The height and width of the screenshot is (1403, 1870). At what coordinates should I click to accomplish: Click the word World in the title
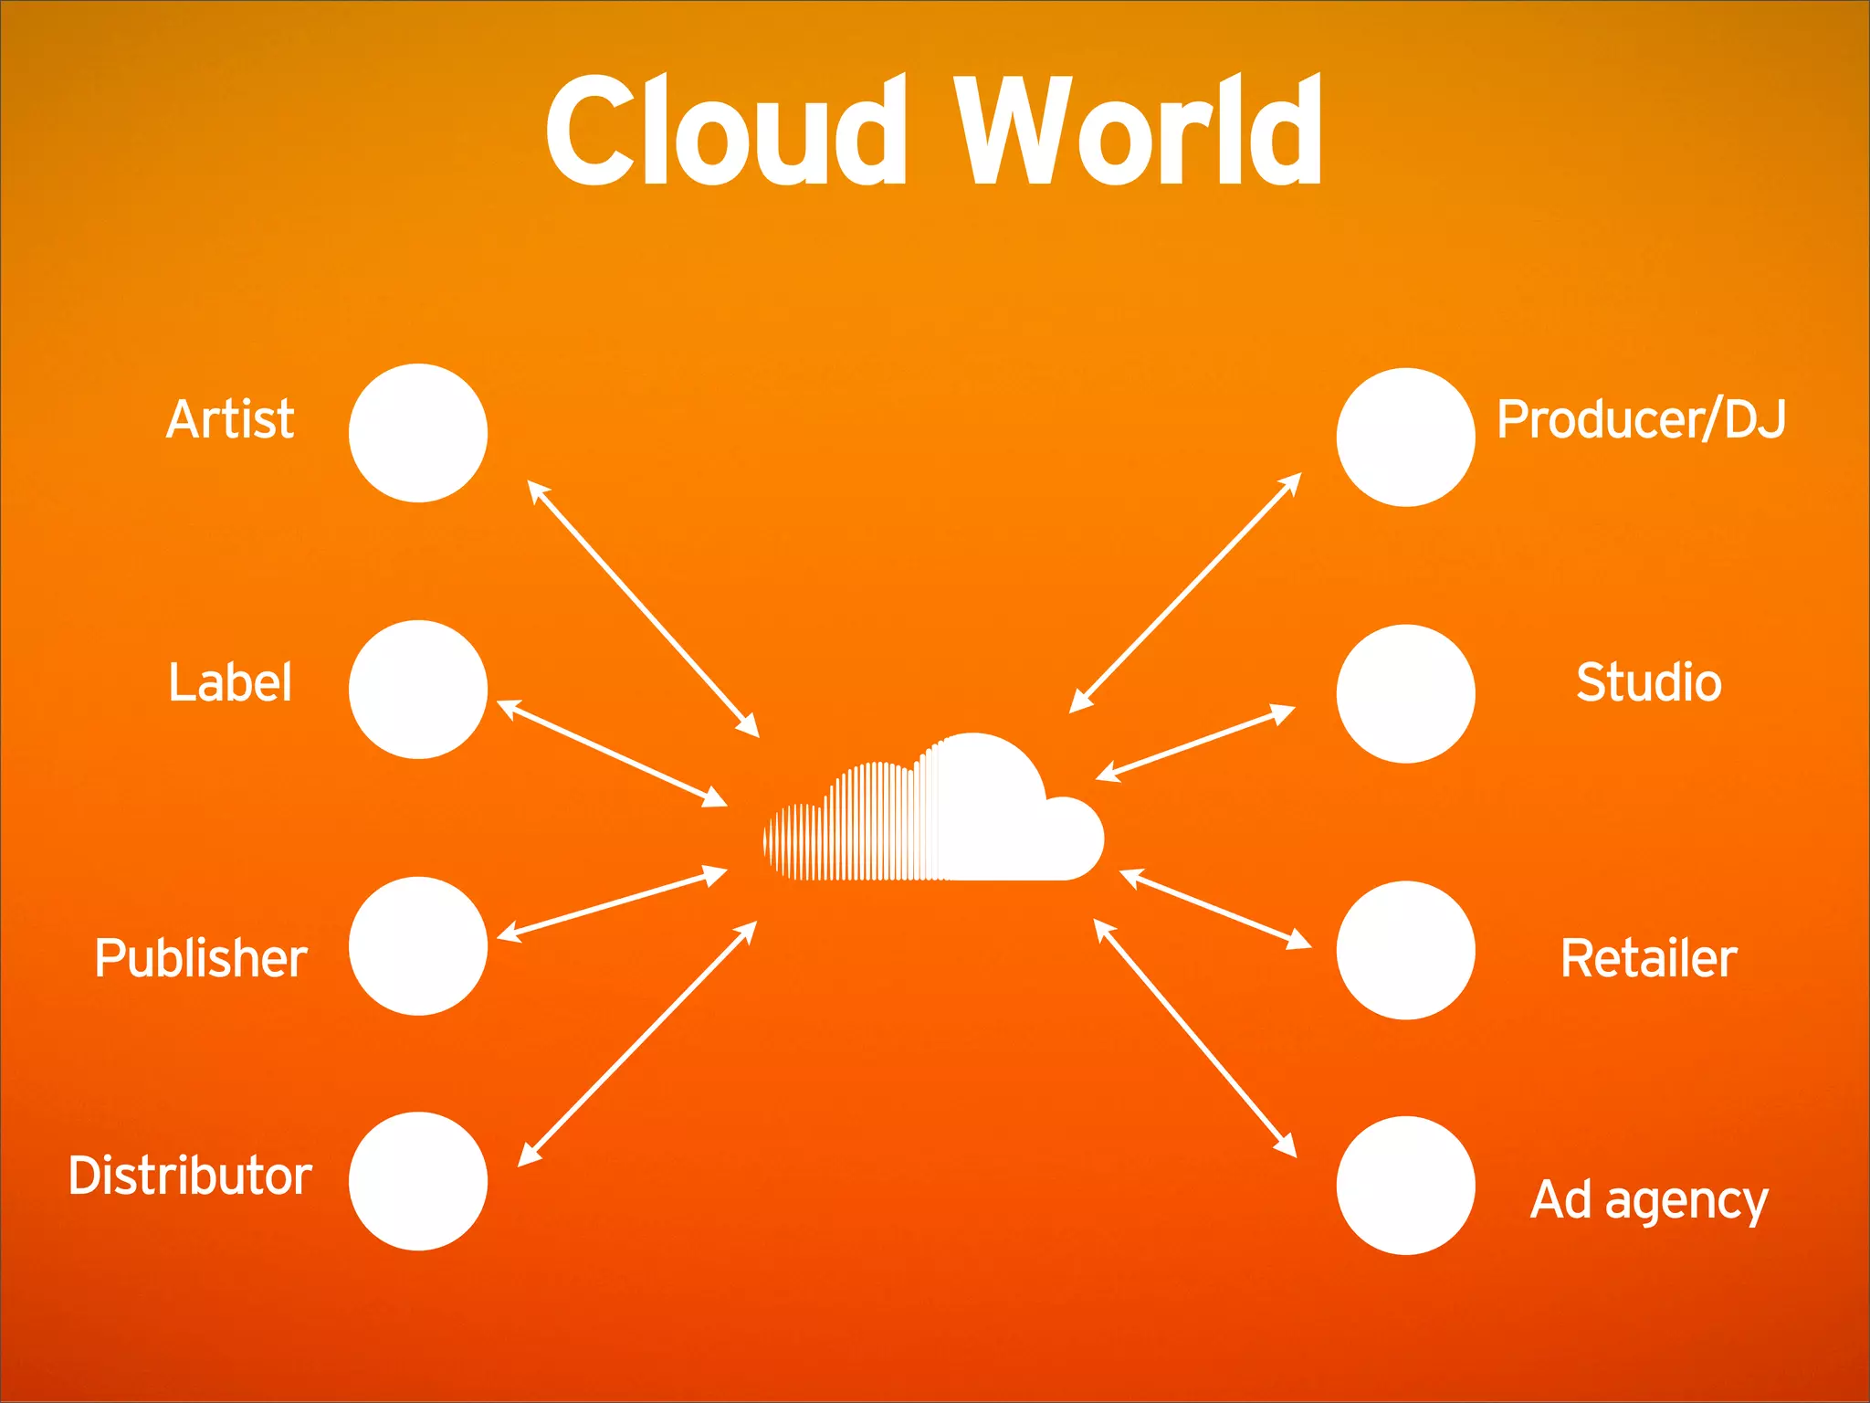[1138, 131]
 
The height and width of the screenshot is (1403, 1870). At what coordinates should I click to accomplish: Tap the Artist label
[230, 419]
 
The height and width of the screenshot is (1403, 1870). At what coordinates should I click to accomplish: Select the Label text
[230, 682]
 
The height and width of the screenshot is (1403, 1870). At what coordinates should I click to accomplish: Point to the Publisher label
[201, 958]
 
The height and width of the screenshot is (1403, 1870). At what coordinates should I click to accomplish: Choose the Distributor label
[190, 1176]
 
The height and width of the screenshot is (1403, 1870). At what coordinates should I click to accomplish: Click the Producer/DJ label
[1641, 419]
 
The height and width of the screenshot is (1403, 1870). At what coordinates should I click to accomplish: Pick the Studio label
[1649, 682]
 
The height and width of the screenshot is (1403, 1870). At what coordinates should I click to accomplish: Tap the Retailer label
[1649, 958]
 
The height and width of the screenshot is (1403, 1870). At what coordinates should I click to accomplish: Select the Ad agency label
[1649, 1200]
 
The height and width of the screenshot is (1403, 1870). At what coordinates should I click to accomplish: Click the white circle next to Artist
[418, 433]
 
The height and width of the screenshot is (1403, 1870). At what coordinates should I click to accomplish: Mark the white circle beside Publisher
[418, 946]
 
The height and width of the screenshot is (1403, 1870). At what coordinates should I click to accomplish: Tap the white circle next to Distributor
[418, 1181]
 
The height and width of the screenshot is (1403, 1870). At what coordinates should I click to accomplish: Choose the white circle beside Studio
[1405, 693]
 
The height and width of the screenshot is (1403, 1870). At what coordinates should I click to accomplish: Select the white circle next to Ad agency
[1405, 1186]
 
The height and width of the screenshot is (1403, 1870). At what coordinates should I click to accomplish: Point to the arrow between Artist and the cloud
[644, 608]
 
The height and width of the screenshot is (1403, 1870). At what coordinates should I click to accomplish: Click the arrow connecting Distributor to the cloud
[637, 1043]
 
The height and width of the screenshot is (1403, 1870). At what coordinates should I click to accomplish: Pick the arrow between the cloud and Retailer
[1215, 908]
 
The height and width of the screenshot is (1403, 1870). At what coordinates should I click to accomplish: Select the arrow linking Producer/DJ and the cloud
[1185, 592]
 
